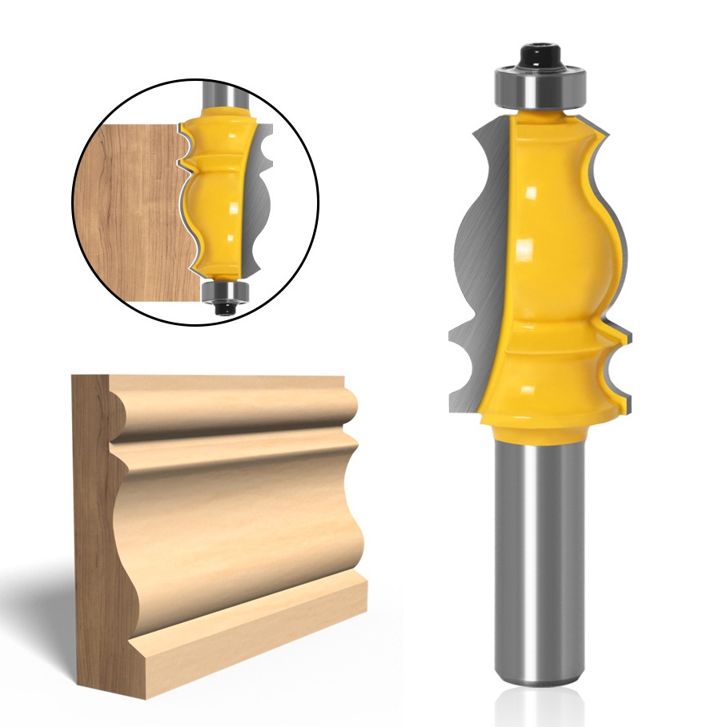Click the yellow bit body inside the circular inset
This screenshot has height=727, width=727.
tap(217, 200)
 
